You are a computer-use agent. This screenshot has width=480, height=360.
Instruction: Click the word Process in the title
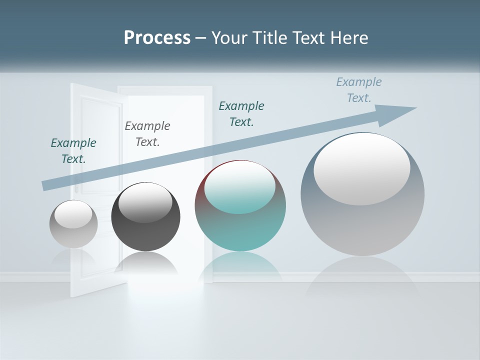point(157,38)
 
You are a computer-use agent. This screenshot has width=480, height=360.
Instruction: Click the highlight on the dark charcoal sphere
point(145,203)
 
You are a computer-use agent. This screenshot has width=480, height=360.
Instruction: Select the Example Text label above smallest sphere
point(73,151)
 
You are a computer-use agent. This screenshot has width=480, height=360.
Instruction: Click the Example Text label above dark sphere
point(147,134)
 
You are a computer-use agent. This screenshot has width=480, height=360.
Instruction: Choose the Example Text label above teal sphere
point(241,114)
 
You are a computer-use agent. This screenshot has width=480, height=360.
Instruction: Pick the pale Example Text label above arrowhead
point(359,90)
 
